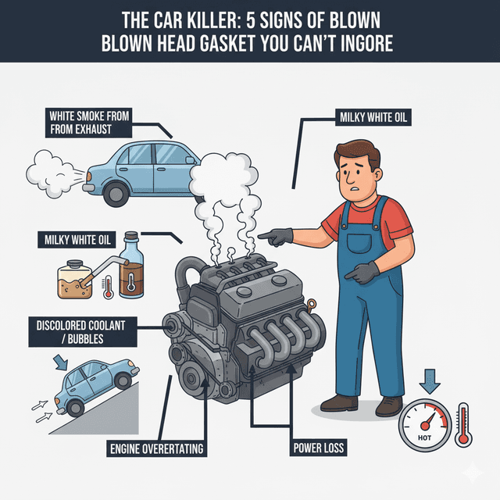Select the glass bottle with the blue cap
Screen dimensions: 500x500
(x=132, y=266)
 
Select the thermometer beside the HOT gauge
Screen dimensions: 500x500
(x=462, y=425)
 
